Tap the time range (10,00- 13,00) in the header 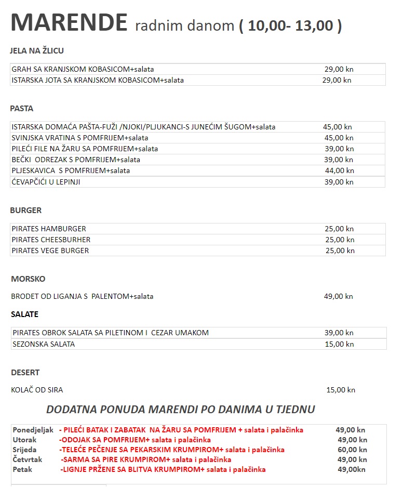tap(290, 25)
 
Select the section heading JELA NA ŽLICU tap(36, 51)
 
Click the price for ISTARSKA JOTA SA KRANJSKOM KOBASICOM tap(337, 80)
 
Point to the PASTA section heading tap(22, 109)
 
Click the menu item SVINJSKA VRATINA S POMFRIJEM tap(79, 138)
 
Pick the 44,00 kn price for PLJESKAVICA tap(339, 170)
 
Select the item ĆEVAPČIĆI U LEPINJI tap(46, 182)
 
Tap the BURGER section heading tap(26, 210)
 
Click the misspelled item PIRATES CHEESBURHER tap(51, 240)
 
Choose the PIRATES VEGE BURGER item tap(50, 251)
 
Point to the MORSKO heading tap(28, 279)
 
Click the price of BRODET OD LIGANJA tap(338, 296)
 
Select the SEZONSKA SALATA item tap(44, 344)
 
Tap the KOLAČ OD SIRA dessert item tap(37, 390)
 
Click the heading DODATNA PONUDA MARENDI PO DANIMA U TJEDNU tap(180, 410)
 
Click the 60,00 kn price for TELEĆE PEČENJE tap(352, 450)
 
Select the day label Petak tap(22, 469)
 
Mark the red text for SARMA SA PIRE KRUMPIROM tap(146, 459)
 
